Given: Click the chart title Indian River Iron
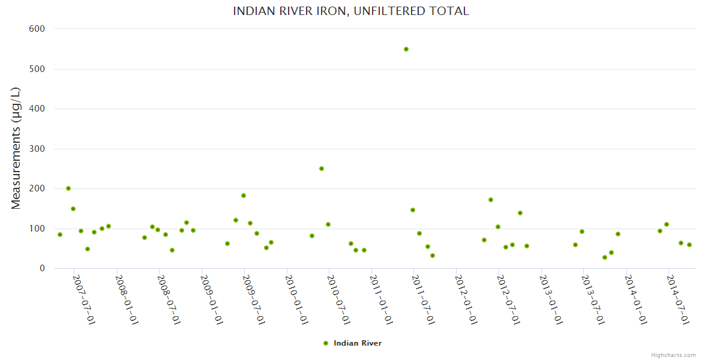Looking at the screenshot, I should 350,11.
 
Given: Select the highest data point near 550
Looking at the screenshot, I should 406,49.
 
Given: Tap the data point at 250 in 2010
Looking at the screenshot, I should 322,169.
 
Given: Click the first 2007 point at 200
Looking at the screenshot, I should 68,188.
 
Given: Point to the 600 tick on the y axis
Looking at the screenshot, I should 37,29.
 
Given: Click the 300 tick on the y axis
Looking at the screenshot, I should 37,149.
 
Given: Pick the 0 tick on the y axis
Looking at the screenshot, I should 42,269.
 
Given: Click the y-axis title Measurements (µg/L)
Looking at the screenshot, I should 16,148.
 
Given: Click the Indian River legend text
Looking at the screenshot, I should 358,343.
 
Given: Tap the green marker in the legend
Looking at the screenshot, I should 326,343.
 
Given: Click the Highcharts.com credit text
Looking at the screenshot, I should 673,355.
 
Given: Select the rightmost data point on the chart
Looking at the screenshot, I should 689,245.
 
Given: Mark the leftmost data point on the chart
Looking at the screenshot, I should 60,235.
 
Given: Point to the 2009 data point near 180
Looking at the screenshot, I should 244,196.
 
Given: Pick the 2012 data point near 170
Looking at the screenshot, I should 491,200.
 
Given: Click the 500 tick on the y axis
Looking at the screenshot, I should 37,69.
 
